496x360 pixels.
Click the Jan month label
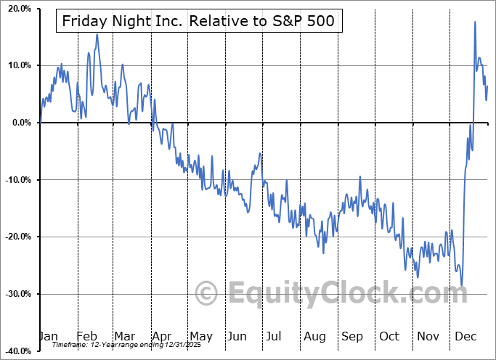[x=48, y=336]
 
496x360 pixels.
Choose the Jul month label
[x=275, y=336]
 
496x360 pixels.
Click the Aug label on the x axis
[x=314, y=336]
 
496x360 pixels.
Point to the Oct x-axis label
[x=389, y=336]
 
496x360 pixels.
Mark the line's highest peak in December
[x=475, y=22]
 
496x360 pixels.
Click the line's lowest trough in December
[x=461, y=285]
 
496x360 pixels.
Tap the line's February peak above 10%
[x=97, y=34]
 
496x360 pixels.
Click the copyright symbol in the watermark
[x=206, y=294]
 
